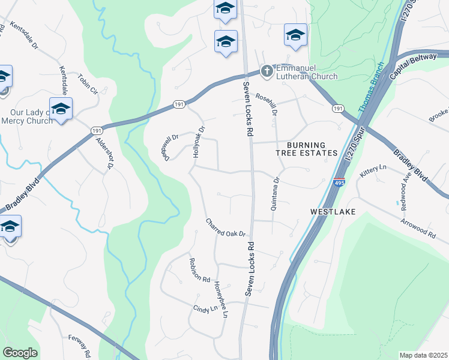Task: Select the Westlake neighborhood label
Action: [333, 212]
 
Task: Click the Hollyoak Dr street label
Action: [199, 142]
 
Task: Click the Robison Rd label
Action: [199, 271]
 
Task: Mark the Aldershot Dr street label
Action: [104, 153]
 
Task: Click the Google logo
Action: [20, 353]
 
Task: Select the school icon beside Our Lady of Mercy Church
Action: [61, 109]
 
